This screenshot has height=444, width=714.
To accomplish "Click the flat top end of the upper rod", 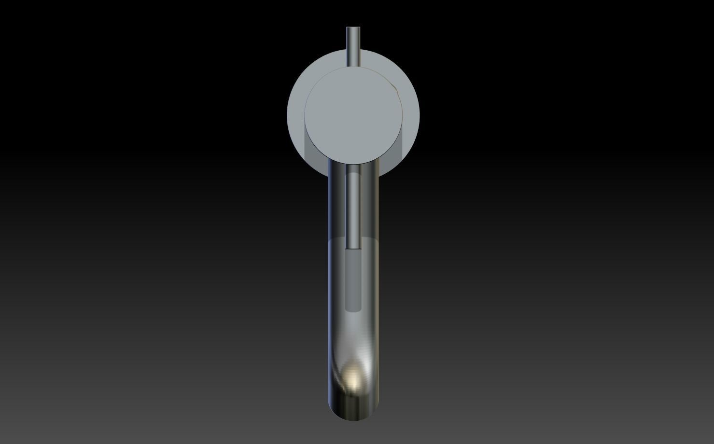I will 353,28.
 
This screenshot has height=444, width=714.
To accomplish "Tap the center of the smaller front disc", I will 353,115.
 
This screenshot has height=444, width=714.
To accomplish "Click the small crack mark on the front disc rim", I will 395,90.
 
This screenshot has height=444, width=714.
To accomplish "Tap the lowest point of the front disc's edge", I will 353,164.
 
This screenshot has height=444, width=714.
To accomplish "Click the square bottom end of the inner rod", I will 353,248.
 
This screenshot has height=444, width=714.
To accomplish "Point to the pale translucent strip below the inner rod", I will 353,280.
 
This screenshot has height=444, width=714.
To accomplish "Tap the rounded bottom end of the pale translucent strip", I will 353,310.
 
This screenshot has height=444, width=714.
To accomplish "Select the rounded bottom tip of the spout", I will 353,419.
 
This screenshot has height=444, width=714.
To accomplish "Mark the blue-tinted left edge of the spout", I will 330,290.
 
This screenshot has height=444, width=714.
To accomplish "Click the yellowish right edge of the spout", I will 377,290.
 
